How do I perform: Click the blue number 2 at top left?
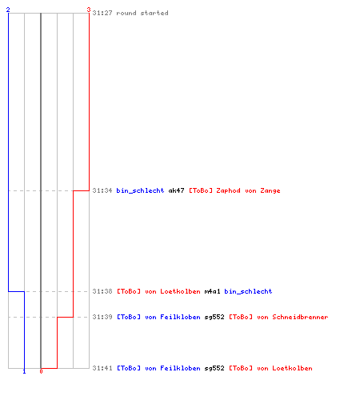(8, 10)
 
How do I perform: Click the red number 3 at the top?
(89, 10)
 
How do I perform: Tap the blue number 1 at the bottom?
(24, 371)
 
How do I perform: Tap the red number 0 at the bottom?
(41, 371)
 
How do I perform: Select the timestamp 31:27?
(102, 13)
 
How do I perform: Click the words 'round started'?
(142, 13)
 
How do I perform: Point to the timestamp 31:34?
(102, 190)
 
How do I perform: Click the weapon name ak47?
(176, 190)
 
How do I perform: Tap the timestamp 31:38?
(102, 291)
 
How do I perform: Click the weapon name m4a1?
(212, 291)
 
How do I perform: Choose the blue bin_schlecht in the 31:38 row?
(248, 291)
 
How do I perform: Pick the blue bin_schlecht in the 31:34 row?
(140, 191)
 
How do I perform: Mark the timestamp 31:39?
(102, 317)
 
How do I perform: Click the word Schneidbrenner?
(300, 317)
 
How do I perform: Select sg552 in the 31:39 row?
(214, 318)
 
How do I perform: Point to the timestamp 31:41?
(102, 368)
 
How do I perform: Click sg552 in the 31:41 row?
(214, 369)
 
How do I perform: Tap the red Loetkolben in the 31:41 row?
(292, 368)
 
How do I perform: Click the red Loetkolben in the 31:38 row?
(180, 291)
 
